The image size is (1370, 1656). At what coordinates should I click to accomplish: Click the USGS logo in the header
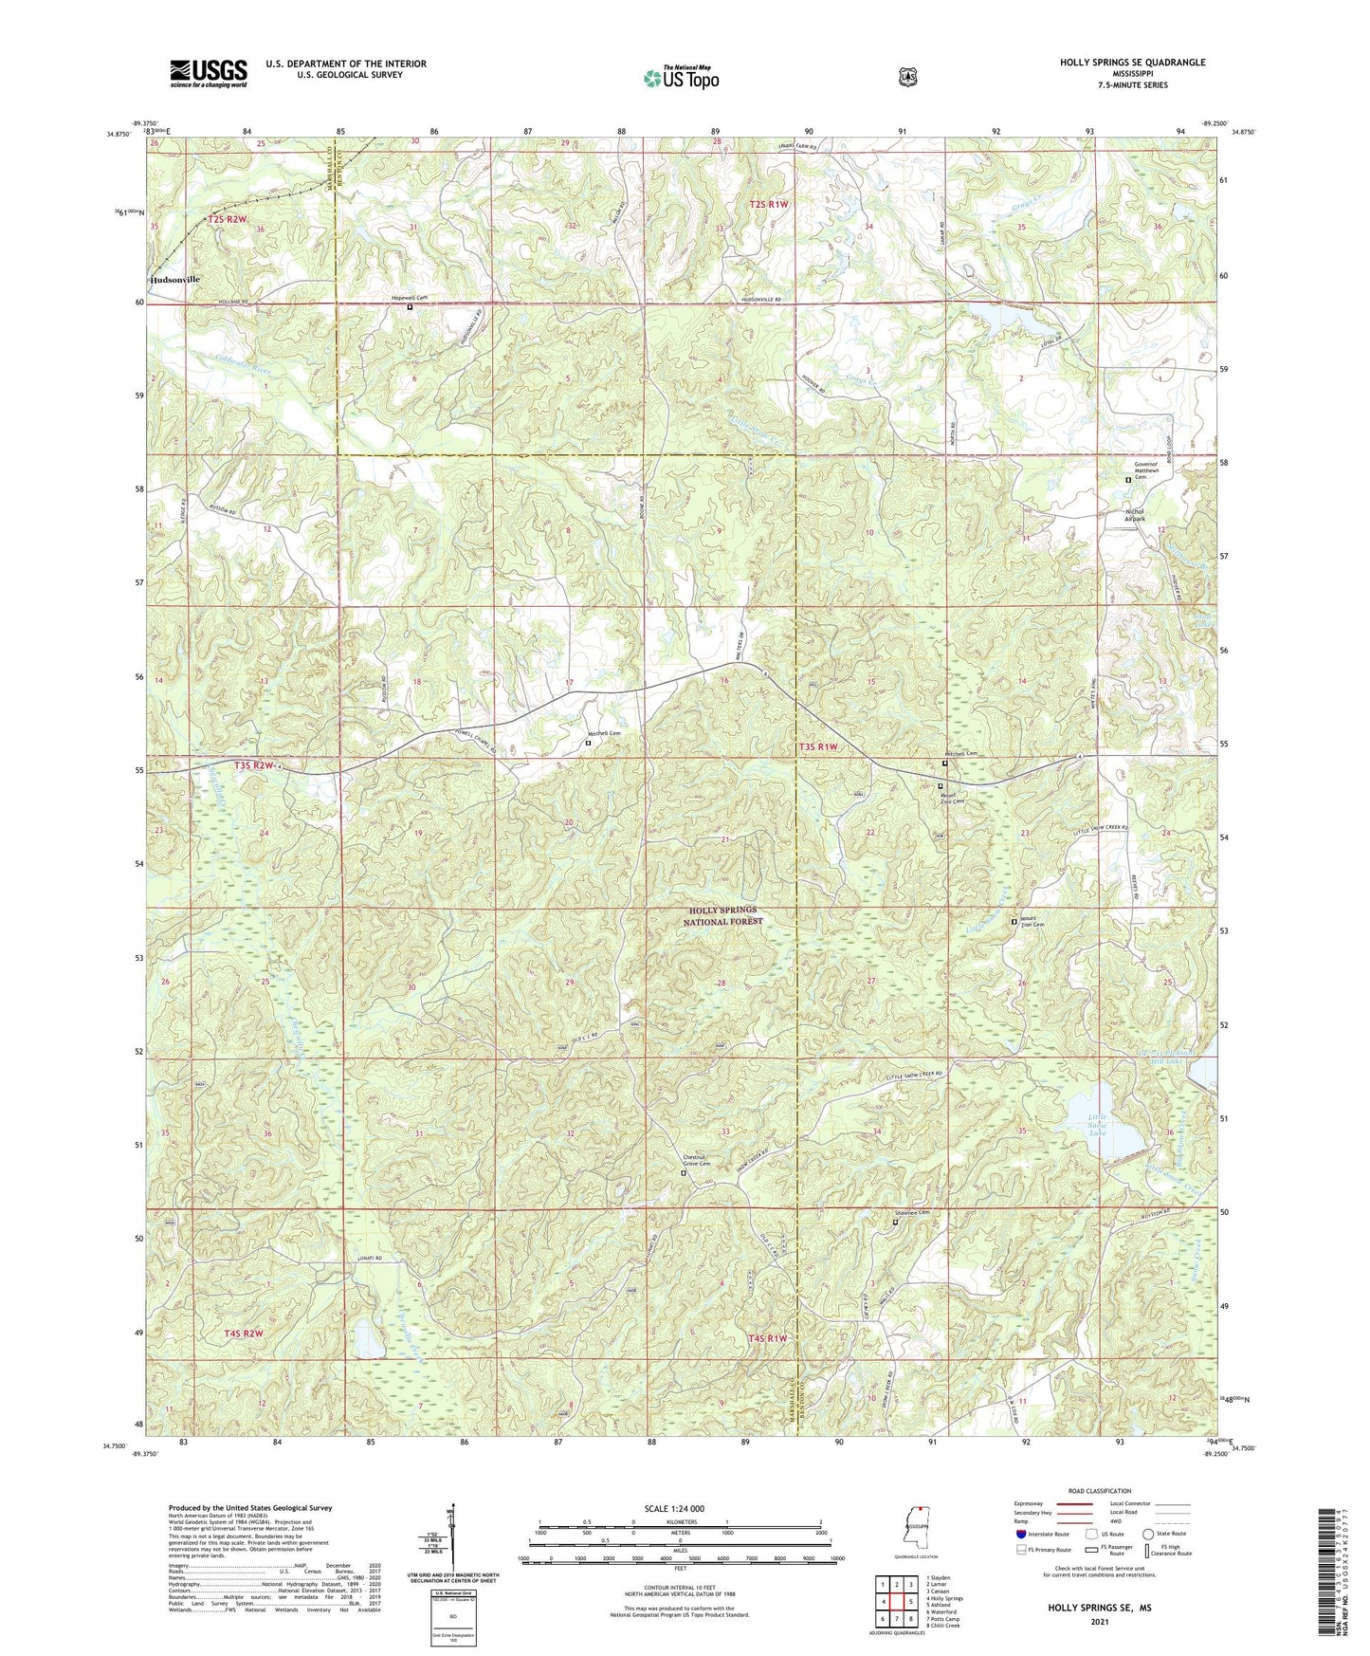[209, 73]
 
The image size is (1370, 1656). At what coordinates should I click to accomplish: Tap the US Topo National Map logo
[680, 77]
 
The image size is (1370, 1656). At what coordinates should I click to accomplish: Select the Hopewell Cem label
[411, 298]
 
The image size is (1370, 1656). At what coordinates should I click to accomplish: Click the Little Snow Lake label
[1097, 1125]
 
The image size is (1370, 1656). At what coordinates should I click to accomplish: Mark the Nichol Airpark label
[1134, 516]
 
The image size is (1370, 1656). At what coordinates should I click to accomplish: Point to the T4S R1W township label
[769, 1337]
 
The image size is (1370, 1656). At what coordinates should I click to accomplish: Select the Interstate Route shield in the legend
[1021, 1534]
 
